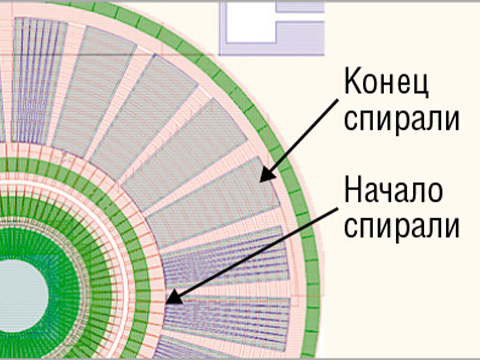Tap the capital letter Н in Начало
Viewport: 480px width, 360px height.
[x=353, y=188]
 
